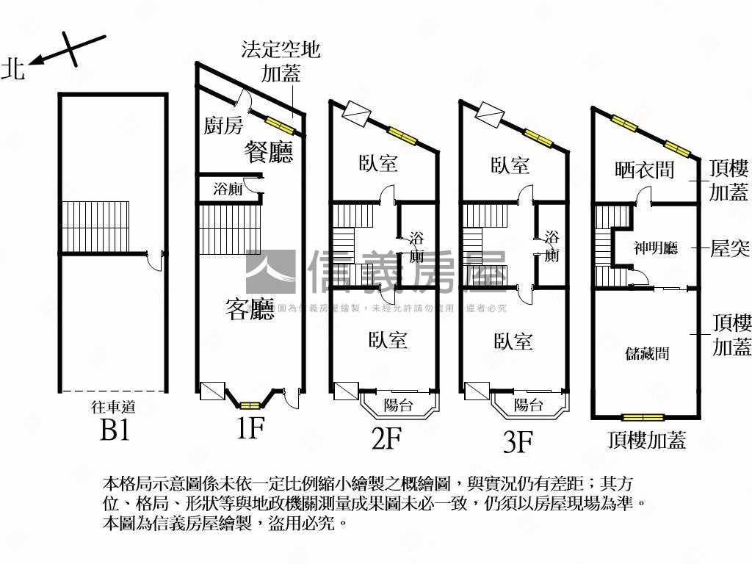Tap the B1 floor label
[x=115, y=430]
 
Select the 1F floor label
[x=250, y=427]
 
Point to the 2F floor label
[x=386, y=438]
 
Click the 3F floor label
[x=517, y=441]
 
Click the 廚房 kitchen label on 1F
[x=223, y=126]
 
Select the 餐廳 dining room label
[x=268, y=152]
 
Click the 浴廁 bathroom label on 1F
[x=228, y=189]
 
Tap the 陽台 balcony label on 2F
[x=399, y=405]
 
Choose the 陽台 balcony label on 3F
[x=529, y=405]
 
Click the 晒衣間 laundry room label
[x=644, y=170]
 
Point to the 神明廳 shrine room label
[x=655, y=248]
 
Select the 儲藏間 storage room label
[x=647, y=353]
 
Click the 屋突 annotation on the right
[x=729, y=248]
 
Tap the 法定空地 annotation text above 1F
[x=281, y=49]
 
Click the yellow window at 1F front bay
[x=250, y=405]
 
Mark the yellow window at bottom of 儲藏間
[x=643, y=418]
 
